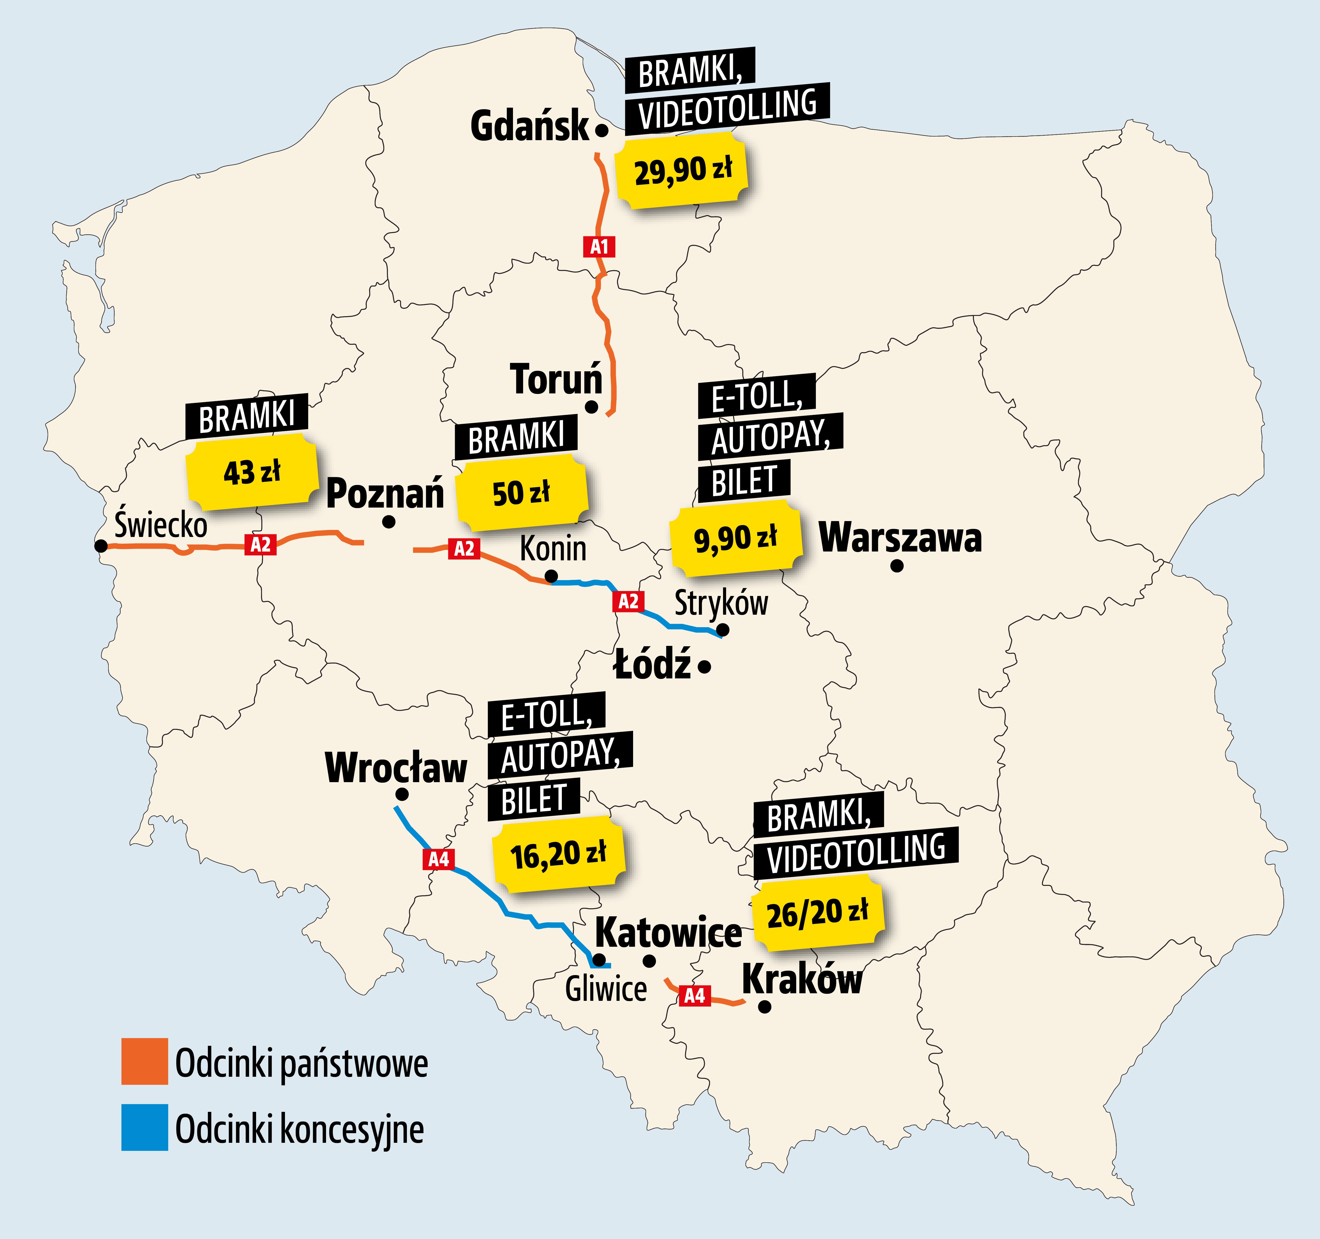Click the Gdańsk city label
point(529,126)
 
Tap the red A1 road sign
point(599,247)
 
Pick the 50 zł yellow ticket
point(521,493)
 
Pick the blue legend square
point(144,1127)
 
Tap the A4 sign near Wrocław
point(438,859)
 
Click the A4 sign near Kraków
point(694,995)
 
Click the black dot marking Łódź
point(705,666)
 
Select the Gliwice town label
point(606,989)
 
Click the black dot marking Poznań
point(389,522)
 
